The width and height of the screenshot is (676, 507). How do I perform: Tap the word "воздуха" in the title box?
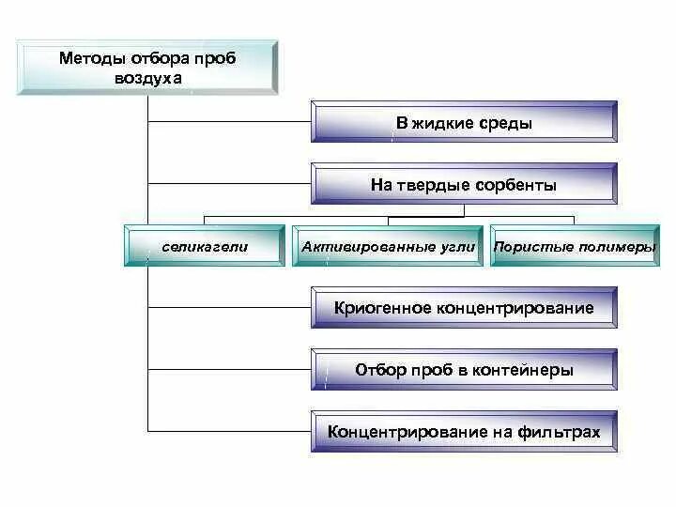pos(148,79)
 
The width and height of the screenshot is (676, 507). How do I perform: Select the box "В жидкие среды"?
pos(464,123)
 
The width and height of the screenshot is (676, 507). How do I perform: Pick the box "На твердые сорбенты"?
pos(464,185)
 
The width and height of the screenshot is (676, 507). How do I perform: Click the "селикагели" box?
pos(204,247)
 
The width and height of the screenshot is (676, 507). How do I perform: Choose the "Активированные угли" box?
pos(389,247)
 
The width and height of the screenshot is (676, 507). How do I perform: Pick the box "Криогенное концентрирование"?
pos(464,308)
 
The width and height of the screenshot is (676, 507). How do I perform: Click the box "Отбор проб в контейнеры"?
pos(464,370)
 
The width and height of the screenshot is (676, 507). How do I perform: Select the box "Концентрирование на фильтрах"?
pos(464,432)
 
